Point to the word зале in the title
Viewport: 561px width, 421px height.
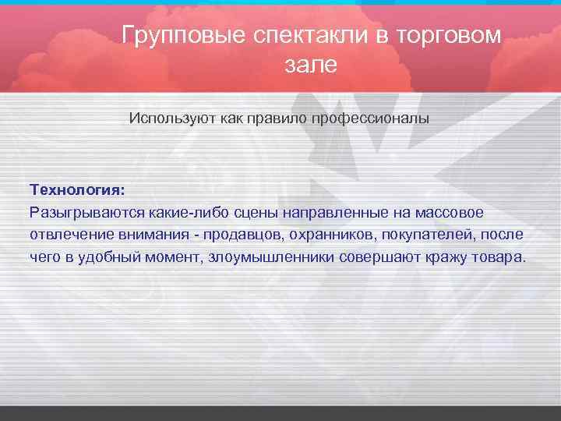(311, 65)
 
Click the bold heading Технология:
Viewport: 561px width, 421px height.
(76, 189)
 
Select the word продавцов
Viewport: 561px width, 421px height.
(233, 235)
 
